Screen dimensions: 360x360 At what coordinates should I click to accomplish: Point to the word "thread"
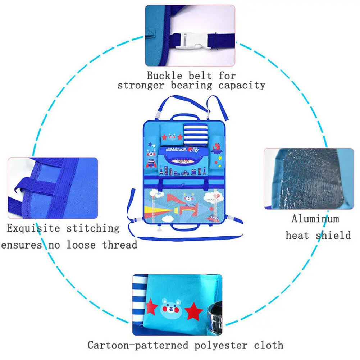tap(120, 245)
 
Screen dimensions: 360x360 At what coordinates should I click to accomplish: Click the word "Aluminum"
tap(315, 219)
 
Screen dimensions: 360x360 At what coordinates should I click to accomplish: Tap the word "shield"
tap(333, 236)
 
